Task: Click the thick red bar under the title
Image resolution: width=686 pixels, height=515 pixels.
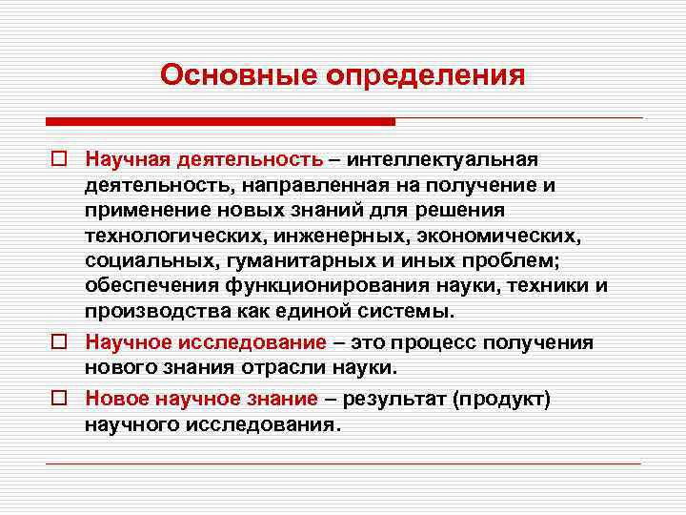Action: click(220, 122)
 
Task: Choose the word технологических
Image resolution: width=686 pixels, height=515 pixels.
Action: click(171, 235)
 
